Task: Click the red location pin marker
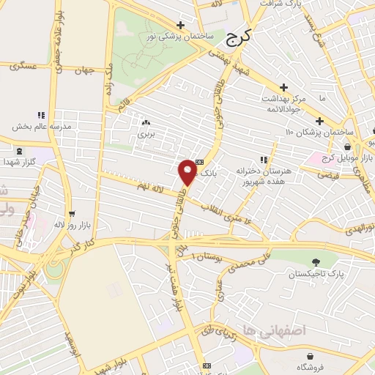(x=187, y=171)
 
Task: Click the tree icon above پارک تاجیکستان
(x=315, y=262)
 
